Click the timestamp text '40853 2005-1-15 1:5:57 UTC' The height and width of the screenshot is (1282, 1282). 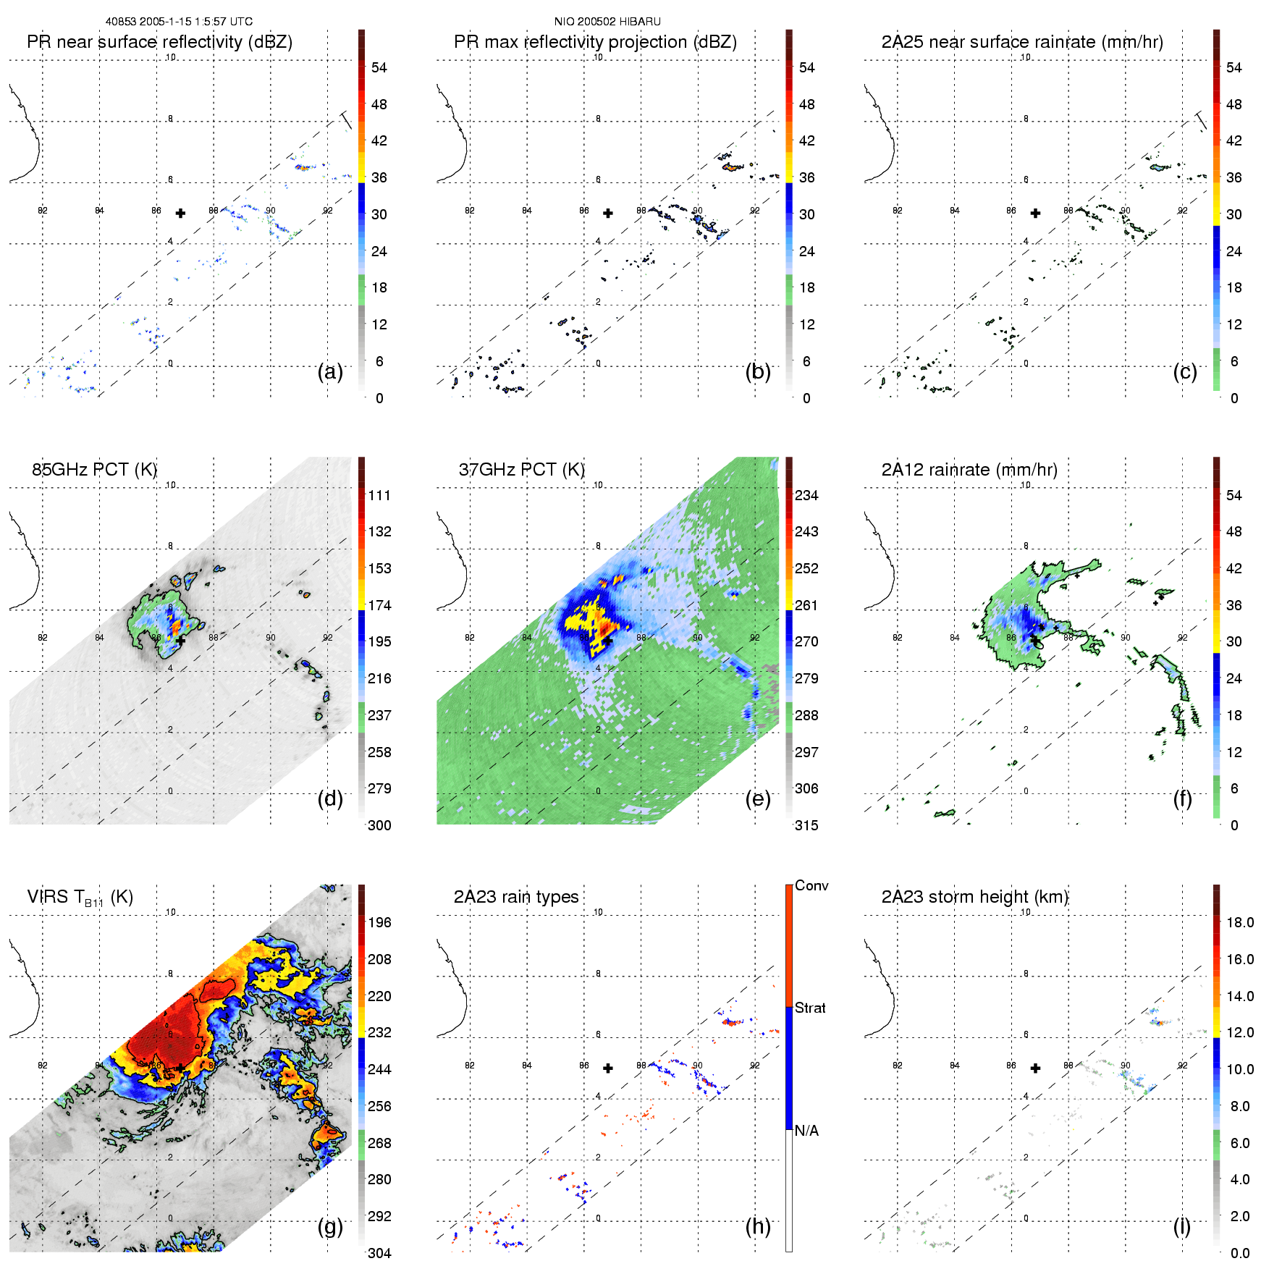(x=179, y=22)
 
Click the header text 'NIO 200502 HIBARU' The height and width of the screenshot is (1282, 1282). (x=607, y=22)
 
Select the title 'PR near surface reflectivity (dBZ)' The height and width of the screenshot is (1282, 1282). (x=159, y=42)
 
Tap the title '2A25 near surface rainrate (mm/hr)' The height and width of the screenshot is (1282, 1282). (x=1022, y=42)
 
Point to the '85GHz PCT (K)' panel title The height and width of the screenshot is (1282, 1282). (x=94, y=470)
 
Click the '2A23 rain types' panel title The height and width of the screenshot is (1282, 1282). (x=516, y=897)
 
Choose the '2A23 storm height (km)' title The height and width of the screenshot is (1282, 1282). (x=975, y=897)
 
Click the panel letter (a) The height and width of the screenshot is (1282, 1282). (x=330, y=372)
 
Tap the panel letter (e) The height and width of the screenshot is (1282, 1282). (x=758, y=799)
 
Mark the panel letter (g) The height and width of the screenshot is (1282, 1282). (x=330, y=1226)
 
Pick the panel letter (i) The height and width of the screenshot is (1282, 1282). (x=1181, y=1226)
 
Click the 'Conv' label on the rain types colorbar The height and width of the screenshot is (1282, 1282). (x=811, y=886)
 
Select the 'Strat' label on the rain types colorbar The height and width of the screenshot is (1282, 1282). (x=810, y=1008)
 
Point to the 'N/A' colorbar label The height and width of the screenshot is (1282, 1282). (x=806, y=1131)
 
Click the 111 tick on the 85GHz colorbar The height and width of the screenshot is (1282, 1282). (x=379, y=496)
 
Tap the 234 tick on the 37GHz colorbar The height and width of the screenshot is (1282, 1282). (x=806, y=496)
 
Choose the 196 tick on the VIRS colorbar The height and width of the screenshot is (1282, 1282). (x=379, y=923)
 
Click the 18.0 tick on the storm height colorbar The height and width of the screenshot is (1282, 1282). (x=1240, y=923)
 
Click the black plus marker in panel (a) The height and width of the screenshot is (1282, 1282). (x=180, y=213)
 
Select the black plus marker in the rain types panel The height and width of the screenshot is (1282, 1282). (x=608, y=1068)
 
